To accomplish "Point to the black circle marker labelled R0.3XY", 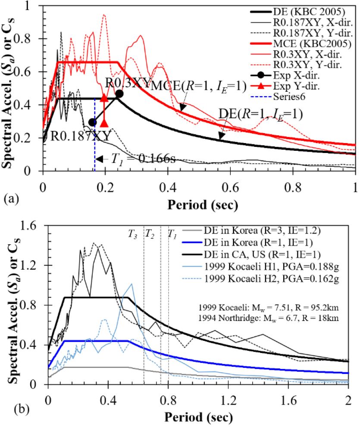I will [119, 94].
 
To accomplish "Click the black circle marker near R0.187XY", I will [92, 122].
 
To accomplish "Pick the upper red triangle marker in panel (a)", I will [104, 98].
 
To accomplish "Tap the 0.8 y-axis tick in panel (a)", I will [31, 39].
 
